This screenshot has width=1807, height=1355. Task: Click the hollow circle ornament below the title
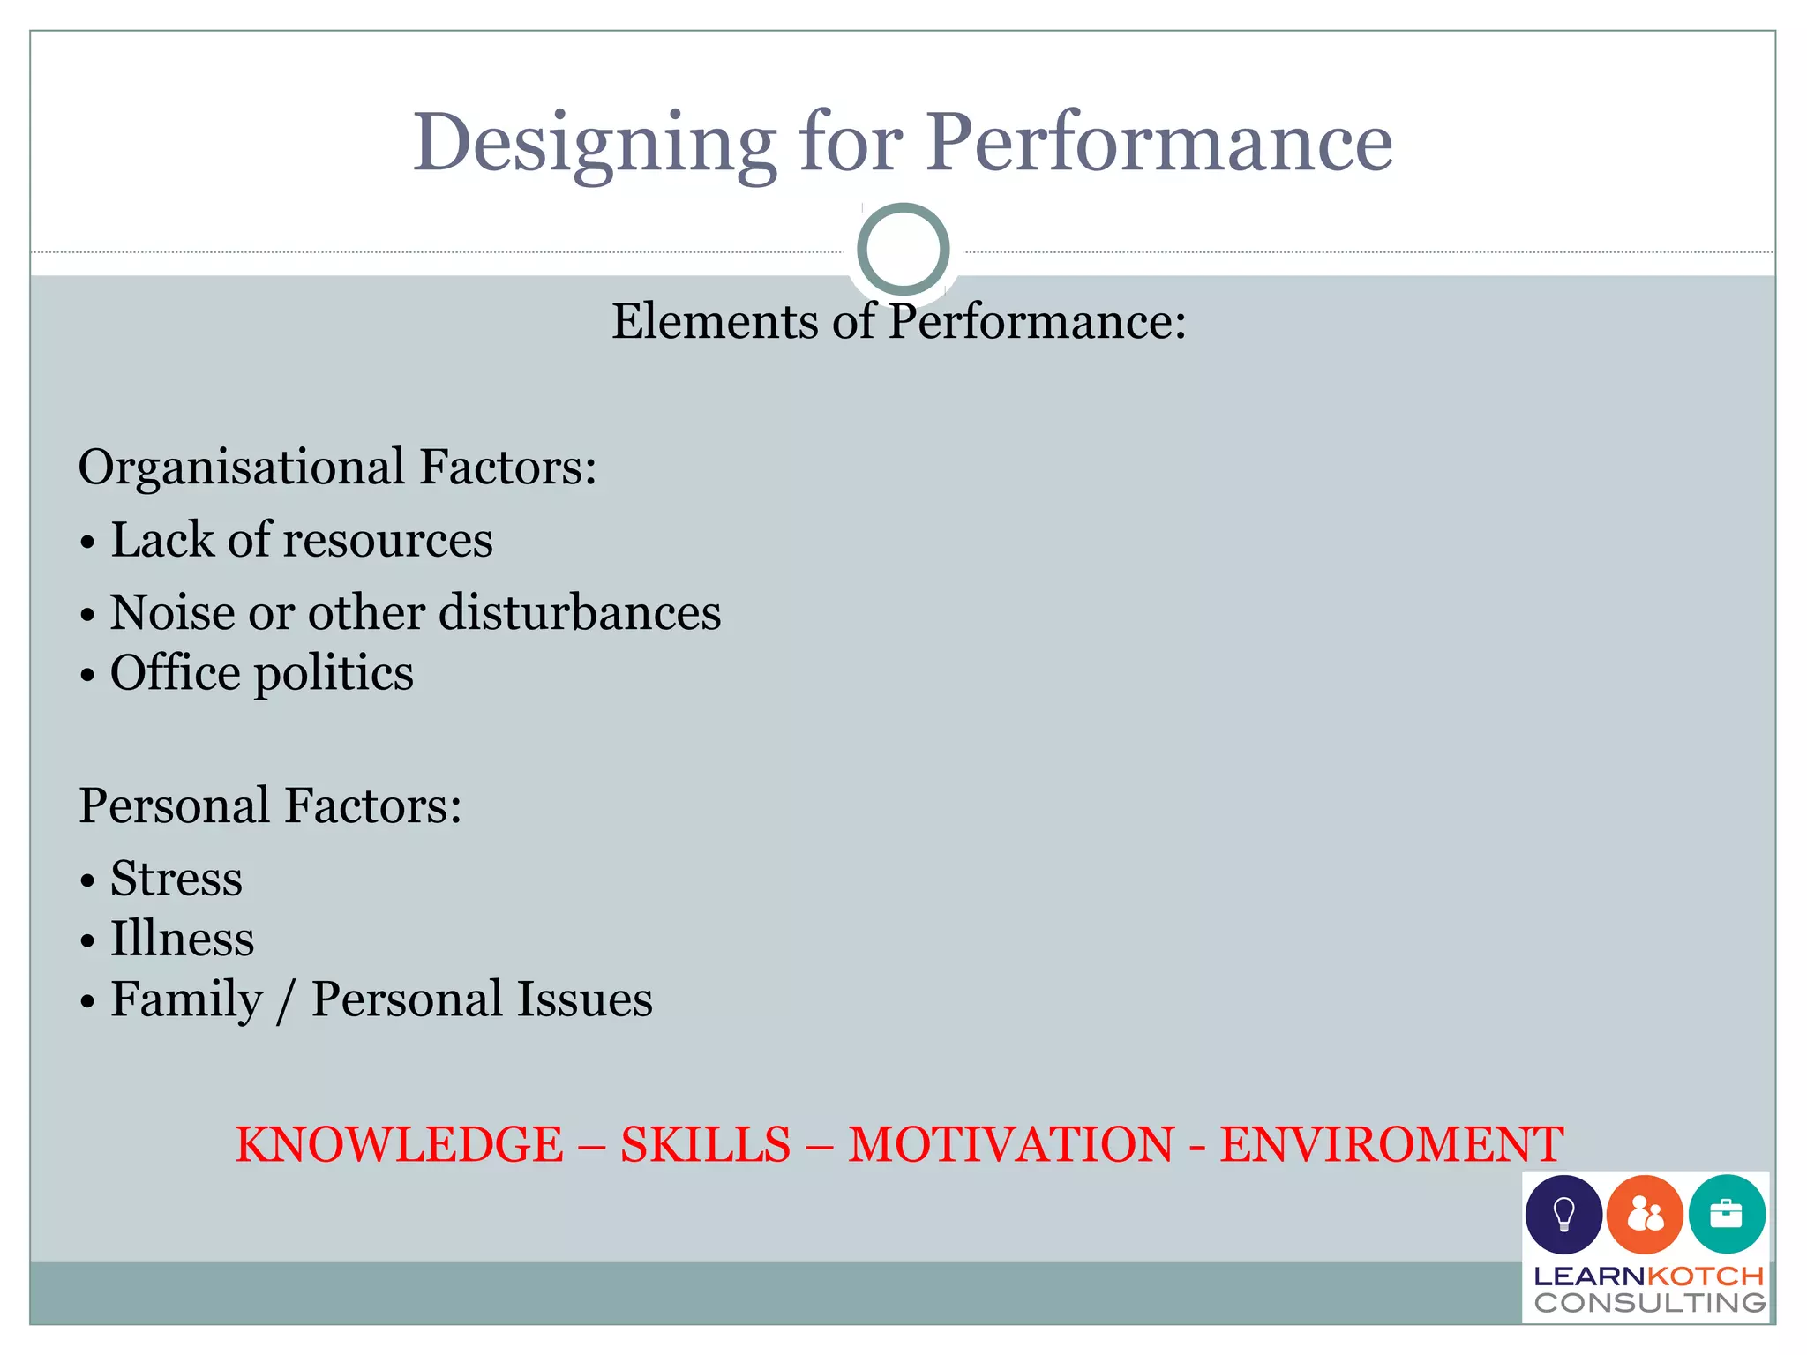point(903,249)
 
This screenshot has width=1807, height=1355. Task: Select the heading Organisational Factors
point(337,467)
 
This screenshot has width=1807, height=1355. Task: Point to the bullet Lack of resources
point(300,540)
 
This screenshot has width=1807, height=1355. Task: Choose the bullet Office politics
point(261,674)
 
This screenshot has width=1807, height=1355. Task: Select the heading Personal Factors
point(270,805)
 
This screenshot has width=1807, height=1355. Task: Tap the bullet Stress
point(176,879)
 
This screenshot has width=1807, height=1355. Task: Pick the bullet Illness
point(182,939)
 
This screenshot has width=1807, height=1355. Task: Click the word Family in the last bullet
point(186,1000)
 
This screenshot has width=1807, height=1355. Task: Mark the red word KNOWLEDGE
point(399,1144)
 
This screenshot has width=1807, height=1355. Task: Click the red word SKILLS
point(705,1144)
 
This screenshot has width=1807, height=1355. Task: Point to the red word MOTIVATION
point(1011,1144)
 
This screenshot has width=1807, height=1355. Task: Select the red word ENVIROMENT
point(1391,1144)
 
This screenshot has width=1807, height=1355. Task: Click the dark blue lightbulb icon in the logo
point(1563,1215)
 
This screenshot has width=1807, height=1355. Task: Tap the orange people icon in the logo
point(1645,1215)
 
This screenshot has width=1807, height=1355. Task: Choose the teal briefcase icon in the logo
point(1726,1215)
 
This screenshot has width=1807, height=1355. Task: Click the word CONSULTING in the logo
point(1649,1302)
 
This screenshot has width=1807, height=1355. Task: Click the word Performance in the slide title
point(1158,143)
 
